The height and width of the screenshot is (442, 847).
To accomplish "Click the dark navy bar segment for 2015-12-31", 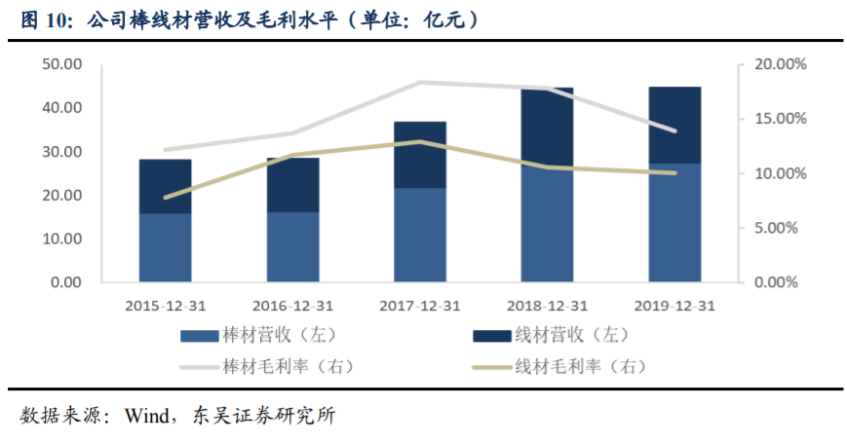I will click(x=165, y=186).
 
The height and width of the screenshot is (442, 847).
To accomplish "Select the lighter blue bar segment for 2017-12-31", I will click(x=419, y=235).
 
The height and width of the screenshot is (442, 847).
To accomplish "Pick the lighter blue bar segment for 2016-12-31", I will click(x=292, y=247).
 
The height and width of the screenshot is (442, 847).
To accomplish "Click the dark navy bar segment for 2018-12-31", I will click(x=547, y=127).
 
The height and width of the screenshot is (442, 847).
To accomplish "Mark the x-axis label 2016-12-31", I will click(x=292, y=305).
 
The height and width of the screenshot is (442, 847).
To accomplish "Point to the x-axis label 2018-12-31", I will click(x=547, y=305).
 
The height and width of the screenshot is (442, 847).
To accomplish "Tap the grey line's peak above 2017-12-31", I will click(x=419, y=83).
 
